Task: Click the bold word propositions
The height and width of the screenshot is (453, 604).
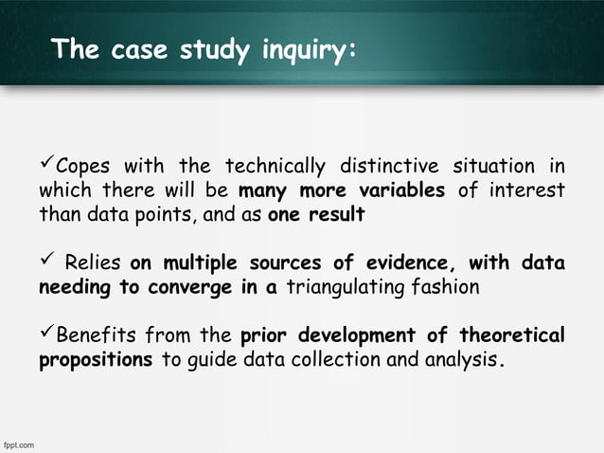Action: point(96,361)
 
